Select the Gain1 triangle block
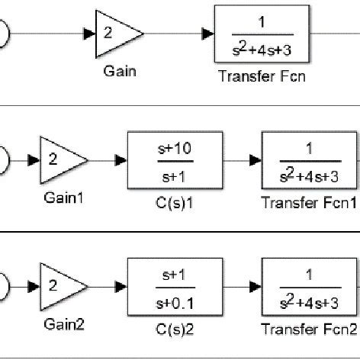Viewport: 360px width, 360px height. click(x=61, y=161)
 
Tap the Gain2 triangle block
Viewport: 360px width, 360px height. click(x=61, y=288)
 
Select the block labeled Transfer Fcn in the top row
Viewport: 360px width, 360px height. click(x=262, y=34)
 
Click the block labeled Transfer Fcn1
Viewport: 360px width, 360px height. click(x=309, y=161)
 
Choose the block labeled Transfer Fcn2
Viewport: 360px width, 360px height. click(x=309, y=288)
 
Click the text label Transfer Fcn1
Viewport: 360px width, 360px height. click(x=309, y=202)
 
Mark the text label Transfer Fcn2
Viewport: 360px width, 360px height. click(x=309, y=329)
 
